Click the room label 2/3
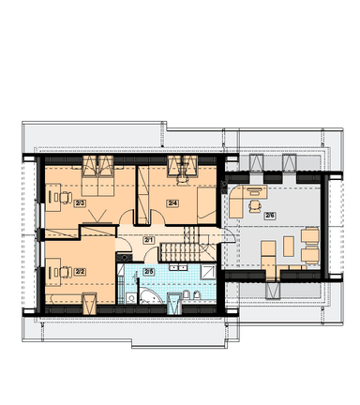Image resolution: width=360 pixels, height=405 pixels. click(80, 203)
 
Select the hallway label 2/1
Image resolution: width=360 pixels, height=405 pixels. click(148, 240)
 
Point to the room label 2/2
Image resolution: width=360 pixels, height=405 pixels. click(80, 272)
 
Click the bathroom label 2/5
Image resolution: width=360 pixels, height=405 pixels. click(149, 272)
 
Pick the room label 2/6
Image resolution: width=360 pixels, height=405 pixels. click(269, 216)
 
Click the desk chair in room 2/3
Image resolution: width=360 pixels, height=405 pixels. click(65, 197)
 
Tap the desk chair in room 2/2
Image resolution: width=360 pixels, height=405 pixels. click(65, 272)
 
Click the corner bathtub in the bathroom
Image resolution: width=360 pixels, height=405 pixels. click(149, 296)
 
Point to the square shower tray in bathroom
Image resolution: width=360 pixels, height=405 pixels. click(208, 272)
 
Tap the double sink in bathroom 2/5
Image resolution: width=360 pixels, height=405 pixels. click(178, 267)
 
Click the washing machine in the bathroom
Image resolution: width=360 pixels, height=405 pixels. click(131, 298)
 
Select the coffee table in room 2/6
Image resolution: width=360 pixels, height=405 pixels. click(289, 246)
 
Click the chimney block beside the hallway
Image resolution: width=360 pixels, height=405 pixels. click(124, 258)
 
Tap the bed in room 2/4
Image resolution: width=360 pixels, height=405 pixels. click(206, 205)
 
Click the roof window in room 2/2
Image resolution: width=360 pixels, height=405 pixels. click(89, 303)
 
